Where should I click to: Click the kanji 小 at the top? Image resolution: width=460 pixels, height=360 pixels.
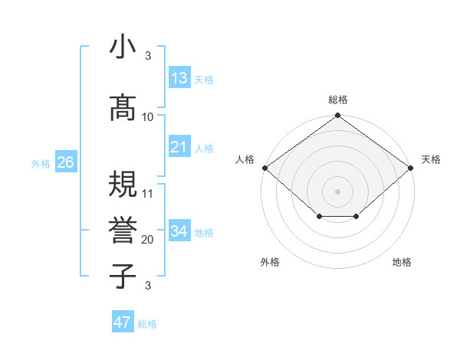coord(122,47)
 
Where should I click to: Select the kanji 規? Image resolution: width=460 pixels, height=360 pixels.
coord(122,184)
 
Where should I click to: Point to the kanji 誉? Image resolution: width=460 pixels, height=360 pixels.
coord(122,229)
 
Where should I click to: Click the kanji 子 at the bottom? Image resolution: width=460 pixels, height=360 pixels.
coord(122,276)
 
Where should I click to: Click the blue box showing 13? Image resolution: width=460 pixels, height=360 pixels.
coord(179,78)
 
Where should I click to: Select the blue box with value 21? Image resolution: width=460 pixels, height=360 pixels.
coord(179,147)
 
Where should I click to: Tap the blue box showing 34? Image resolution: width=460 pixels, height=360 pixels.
coord(179,231)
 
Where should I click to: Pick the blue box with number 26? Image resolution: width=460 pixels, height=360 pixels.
coord(65,162)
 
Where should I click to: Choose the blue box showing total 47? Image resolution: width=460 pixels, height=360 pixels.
coord(123,322)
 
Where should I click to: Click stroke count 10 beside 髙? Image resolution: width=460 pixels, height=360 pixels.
coord(148,116)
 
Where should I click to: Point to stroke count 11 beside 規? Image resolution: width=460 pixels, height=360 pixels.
coord(148,193)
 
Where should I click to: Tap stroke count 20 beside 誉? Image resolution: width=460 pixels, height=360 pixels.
coord(148,240)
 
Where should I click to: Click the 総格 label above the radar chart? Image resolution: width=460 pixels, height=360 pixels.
coord(338,100)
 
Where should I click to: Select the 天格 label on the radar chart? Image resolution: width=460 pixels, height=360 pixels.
coord(432,159)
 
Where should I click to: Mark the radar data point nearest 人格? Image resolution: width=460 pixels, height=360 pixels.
coord(264,168)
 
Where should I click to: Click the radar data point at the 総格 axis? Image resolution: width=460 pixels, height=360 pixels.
coord(338,116)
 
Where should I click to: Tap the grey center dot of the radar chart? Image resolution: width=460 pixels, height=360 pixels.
coord(338,191)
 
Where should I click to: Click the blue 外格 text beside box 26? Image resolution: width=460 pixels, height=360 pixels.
coord(40,163)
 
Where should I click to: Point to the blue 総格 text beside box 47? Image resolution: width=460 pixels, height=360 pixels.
coord(147,324)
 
